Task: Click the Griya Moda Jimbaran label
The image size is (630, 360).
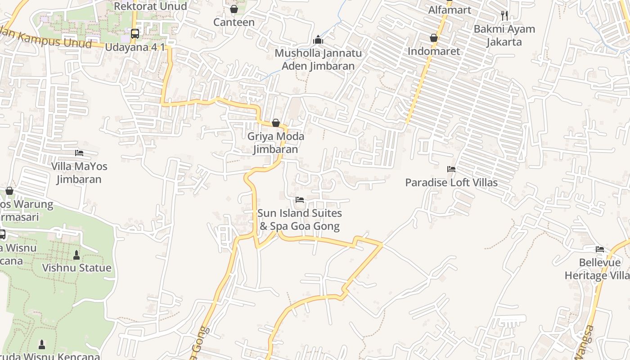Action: coord(275,143)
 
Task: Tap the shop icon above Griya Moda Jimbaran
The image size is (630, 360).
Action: coord(276,123)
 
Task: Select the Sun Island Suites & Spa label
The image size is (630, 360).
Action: coord(300,220)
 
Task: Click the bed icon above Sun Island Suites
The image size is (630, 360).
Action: coord(300,200)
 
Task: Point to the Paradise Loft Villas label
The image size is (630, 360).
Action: coord(451,182)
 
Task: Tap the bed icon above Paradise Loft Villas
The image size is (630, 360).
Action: coord(451,169)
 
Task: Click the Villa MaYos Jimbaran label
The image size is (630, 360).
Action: coord(79,173)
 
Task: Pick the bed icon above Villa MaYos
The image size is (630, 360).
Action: coord(79,153)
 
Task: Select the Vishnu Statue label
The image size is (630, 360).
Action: coord(76,268)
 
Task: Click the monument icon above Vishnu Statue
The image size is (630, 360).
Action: coord(76,255)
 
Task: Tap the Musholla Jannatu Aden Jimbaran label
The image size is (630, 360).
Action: coord(318,59)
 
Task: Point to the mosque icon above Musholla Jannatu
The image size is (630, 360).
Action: coord(318,40)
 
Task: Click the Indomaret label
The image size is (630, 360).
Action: coord(434,51)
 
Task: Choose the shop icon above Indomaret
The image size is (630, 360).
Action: coord(434,38)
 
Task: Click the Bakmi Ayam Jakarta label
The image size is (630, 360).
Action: coord(504,36)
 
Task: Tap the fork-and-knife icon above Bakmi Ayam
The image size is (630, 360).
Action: coord(504,16)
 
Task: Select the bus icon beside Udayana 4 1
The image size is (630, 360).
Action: coord(135,34)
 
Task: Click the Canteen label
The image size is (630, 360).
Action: coord(234,22)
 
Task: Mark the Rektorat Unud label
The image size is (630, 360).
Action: coord(150,6)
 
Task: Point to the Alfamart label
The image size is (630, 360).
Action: coord(450,10)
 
